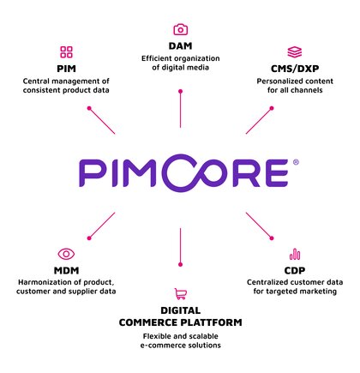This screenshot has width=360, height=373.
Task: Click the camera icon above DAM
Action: click(181, 30)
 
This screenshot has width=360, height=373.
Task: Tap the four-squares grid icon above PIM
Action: click(66, 52)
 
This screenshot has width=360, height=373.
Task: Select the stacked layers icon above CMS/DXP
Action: click(295, 52)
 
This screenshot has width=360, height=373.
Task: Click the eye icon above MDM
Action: click(66, 254)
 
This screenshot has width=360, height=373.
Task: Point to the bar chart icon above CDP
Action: click(295, 254)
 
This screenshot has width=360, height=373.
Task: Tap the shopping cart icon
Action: click(181, 294)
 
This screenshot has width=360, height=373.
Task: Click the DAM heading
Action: click(180, 46)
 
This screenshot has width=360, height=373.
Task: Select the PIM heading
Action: click(66, 69)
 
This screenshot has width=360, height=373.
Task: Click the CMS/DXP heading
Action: click(295, 69)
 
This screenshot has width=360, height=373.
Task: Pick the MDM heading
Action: click(66, 270)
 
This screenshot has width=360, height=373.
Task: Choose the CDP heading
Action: click(295, 270)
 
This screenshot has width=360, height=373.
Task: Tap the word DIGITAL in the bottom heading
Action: click(181, 310)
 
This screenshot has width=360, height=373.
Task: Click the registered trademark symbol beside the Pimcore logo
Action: click(296, 162)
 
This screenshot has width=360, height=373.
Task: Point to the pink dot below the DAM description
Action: click(180, 92)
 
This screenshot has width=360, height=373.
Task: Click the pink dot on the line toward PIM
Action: click(89, 108)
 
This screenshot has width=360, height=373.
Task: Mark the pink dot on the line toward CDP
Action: click(272, 238)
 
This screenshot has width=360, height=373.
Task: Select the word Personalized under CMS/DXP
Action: click(275, 81)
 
